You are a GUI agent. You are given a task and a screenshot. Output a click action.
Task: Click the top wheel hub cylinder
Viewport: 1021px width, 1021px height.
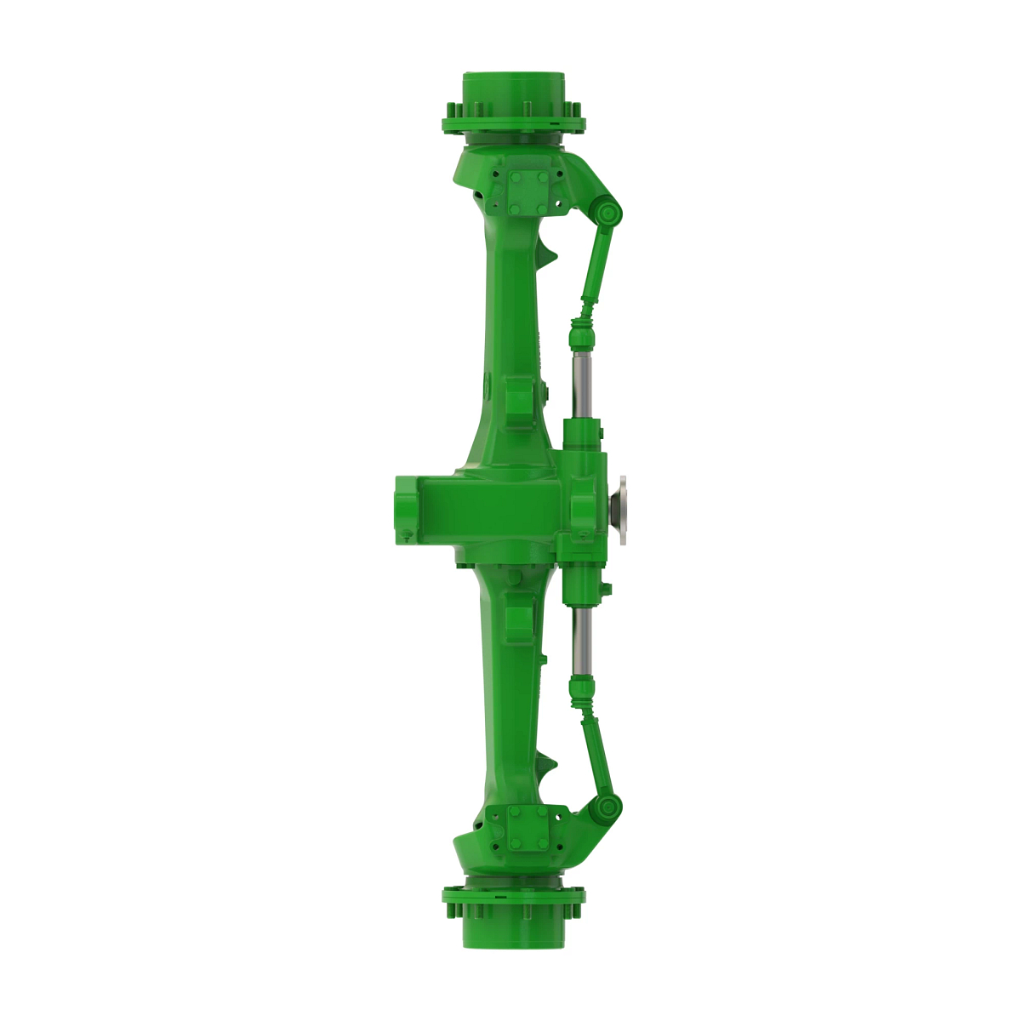pyautogui.click(x=513, y=89)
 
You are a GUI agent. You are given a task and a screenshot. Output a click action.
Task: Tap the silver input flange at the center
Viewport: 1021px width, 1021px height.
pyautogui.click(x=622, y=509)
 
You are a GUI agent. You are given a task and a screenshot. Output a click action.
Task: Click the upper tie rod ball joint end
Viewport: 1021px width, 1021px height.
pyautogui.click(x=607, y=212)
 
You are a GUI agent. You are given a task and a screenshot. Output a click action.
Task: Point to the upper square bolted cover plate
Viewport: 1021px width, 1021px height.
pyautogui.click(x=529, y=191)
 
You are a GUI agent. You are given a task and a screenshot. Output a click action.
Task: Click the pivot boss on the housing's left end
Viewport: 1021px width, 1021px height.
pyautogui.click(x=405, y=509)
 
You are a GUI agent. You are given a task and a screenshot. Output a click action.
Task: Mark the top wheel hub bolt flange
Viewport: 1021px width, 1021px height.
pyautogui.click(x=513, y=123)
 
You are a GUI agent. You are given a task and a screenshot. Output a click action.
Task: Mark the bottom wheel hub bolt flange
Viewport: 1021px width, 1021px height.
pyautogui.click(x=513, y=896)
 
